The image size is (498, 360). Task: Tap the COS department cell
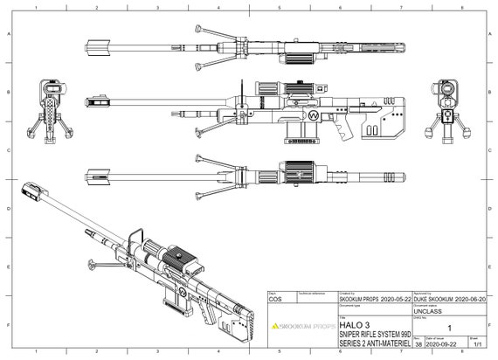pos(275,299)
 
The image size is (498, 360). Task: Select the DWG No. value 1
pos(449,327)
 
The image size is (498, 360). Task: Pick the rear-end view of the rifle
pos(446,108)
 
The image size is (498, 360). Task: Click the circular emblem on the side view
pos(312,114)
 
